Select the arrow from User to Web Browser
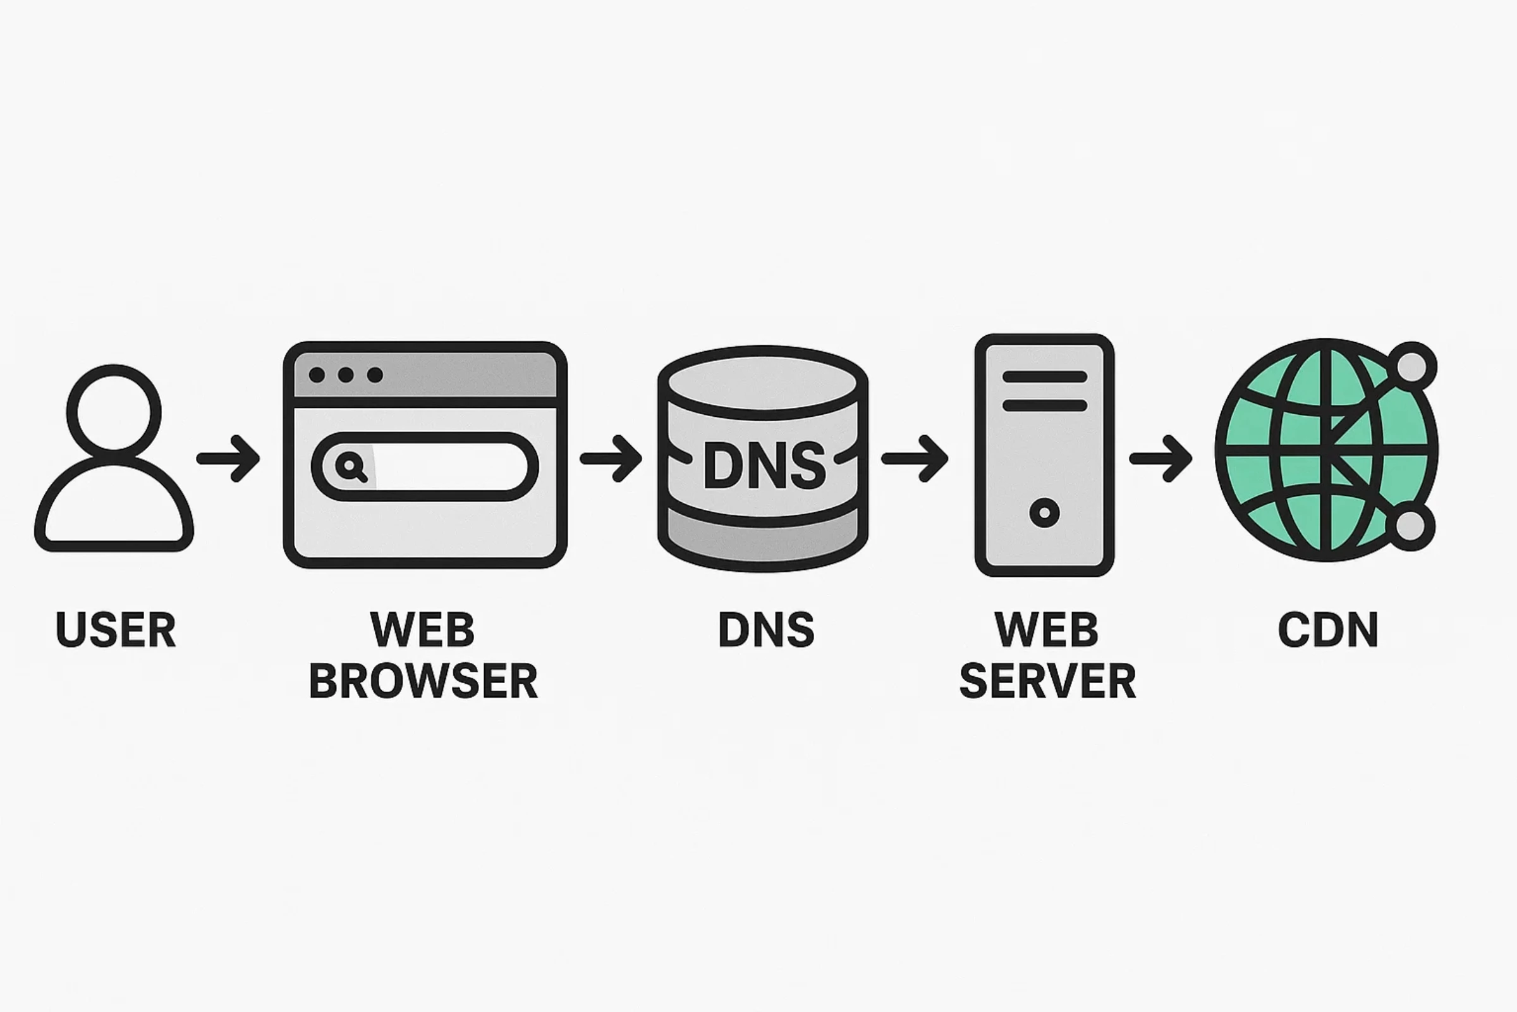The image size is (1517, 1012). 228,458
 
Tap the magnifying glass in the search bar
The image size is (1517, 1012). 351,466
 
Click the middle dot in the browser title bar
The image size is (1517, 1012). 346,374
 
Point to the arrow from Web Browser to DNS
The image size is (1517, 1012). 611,458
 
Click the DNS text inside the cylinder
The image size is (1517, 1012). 764,466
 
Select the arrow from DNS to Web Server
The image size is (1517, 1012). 915,458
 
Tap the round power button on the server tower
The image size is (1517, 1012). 1044,513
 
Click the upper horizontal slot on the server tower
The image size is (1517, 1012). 1044,376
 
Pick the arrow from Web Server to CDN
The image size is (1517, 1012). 1161,458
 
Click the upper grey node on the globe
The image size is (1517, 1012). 1412,366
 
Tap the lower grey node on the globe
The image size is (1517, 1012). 1410,526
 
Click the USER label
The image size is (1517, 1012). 116,629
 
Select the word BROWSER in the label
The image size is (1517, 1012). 423,681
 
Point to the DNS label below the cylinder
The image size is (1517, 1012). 765,629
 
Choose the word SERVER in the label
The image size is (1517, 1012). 1047,681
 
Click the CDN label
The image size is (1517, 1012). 1328,629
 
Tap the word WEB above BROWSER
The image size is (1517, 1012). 422,629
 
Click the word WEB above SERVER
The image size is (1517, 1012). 1046,629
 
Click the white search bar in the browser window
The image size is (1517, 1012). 451,466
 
